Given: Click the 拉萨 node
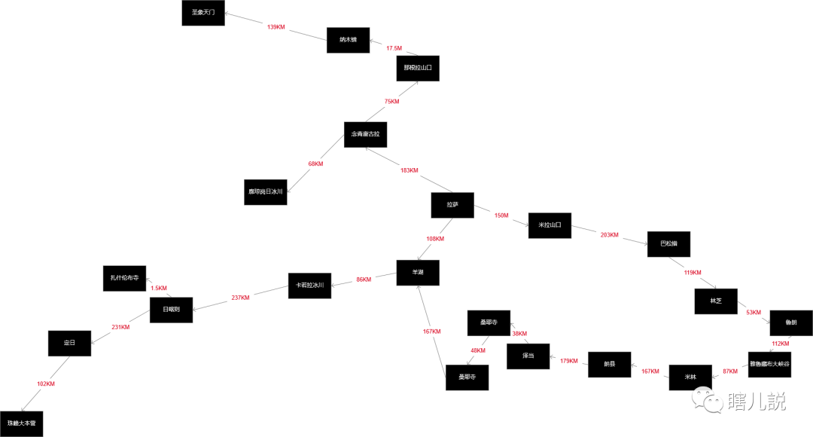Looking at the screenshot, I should [452, 205].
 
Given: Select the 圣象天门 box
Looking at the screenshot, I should [203, 13].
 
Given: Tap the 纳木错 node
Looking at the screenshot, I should [348, 40].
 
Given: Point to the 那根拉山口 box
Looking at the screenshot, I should [418, 68].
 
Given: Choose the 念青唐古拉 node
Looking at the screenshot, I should [366, 134].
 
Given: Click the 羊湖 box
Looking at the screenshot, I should [418, 272].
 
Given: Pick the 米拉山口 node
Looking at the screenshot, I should [550, 225].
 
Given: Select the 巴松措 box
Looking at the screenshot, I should [669, 244].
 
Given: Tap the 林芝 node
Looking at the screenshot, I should [716, 301].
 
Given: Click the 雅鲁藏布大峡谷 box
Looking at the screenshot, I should [769, 364].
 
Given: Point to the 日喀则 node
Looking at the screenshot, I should [171, 310].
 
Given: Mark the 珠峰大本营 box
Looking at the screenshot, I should [22, 423].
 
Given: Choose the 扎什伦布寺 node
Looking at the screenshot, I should [124, 278].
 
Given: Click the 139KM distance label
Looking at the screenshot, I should [276, 27].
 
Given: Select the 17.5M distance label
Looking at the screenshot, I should [394, 48].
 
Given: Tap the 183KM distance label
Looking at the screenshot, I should [409, 170].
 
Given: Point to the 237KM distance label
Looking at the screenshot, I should [241, 298].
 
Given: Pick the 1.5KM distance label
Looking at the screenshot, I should [159, 288].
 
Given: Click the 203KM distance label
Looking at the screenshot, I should [609, 235].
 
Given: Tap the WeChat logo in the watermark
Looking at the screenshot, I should [708, 400].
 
